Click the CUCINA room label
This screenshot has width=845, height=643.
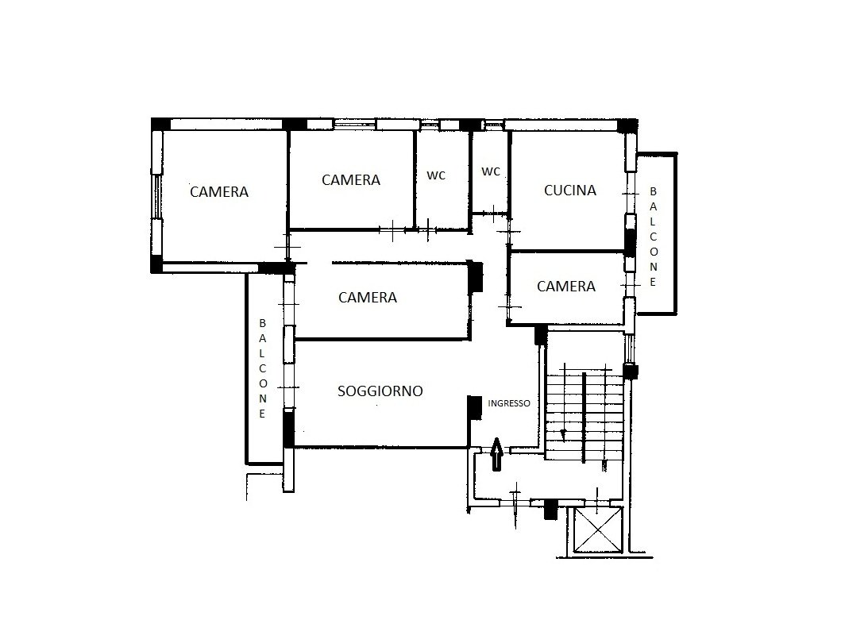pos(570,190)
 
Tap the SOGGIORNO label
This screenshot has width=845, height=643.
pos(380,391)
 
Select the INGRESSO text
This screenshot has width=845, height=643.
pos(509,403)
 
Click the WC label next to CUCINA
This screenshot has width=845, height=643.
pos(491,171)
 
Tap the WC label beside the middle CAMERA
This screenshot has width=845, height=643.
pos(436,175)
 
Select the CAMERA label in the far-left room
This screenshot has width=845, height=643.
pos(219,192)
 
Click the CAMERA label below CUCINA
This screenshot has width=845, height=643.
pos(565,286)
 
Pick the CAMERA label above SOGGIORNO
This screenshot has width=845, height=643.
pos(368,297)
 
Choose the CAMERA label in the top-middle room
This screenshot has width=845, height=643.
pos(351,180)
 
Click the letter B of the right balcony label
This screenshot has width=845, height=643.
pos(653,191)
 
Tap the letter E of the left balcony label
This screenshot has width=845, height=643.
pos(262,414)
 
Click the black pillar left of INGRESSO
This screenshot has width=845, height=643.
pos(474,408)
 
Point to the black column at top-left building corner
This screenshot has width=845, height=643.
pos(160,124)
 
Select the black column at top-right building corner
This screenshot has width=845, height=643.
pos(627,125)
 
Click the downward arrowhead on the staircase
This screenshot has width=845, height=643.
pos(564,434)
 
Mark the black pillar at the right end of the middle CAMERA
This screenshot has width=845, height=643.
pos(475,276)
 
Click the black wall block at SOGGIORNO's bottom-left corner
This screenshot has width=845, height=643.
pos(289,428)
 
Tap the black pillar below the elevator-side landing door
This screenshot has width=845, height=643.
pos(550,510)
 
